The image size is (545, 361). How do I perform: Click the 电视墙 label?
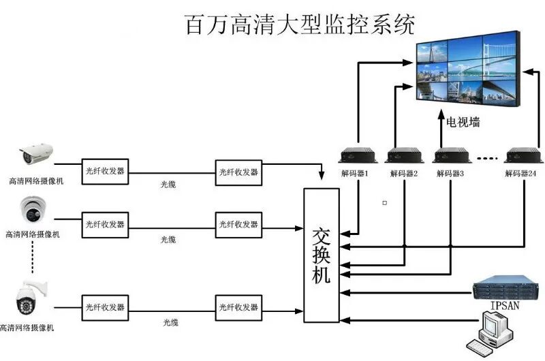coord(463,123)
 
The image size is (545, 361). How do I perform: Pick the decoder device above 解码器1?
coord(355,155)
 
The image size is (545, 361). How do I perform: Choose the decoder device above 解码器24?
coord(522,155)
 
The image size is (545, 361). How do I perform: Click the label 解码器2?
coord(403,174)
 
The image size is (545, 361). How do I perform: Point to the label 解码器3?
coord(450,174)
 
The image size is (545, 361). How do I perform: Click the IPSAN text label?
coord(505,306)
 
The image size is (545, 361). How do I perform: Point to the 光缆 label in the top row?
coord(168,185)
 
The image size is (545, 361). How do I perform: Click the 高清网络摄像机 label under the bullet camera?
coord(33,181)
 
